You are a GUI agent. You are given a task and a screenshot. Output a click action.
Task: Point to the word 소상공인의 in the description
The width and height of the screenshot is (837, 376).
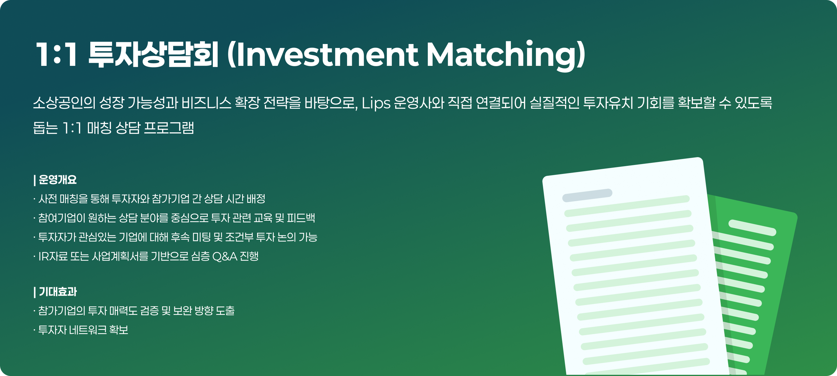click(64, 103)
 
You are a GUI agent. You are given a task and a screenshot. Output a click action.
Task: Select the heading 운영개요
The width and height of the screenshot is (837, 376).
click(58, 180)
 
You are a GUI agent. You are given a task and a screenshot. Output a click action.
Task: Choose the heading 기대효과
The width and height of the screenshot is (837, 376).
click(58, 292)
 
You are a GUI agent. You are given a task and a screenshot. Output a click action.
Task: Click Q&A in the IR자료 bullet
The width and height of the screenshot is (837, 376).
click(224, 257)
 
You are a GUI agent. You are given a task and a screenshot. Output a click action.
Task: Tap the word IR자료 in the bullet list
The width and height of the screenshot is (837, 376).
click(53, 256)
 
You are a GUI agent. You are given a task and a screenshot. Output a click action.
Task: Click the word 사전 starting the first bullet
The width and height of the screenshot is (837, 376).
click(48, 199)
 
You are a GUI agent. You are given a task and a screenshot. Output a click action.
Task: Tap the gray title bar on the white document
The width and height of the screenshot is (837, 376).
click(587, 195)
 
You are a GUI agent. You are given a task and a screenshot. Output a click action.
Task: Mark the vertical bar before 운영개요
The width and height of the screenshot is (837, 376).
click(34, 180)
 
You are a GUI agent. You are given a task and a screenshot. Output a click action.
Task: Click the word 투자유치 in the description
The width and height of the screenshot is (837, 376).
click(608, 103)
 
